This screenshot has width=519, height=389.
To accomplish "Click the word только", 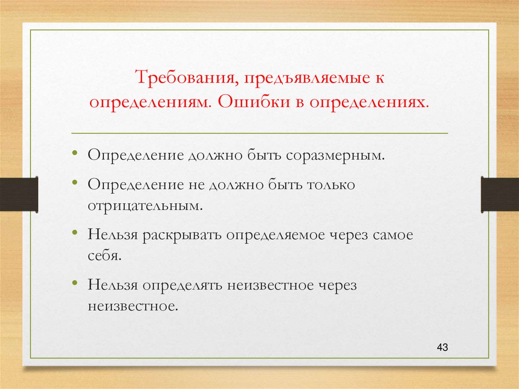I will click(330, 184).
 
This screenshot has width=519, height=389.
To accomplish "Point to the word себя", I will click(104, 256).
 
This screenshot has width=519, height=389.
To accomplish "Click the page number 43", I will click(442, 347).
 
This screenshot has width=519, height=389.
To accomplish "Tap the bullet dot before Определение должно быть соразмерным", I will click(75, 153).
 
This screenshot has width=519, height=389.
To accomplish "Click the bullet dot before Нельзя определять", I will click(75, 283).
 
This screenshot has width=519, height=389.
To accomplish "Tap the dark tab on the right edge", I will click(500, 194).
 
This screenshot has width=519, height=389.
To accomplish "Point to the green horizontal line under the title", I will click(259, 133).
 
